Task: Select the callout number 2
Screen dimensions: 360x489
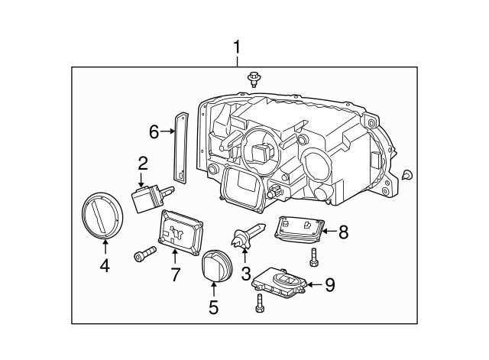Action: tap(143, 162)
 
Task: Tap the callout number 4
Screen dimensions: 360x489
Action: tap(105, 264)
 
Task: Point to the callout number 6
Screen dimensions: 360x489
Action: tap(154, 132)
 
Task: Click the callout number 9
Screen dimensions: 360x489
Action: tap(329, 284)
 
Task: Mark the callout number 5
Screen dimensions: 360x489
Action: tap(213, 306)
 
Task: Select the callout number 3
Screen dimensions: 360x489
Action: tap(245, 273)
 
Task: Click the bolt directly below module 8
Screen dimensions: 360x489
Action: tap(313, 258)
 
